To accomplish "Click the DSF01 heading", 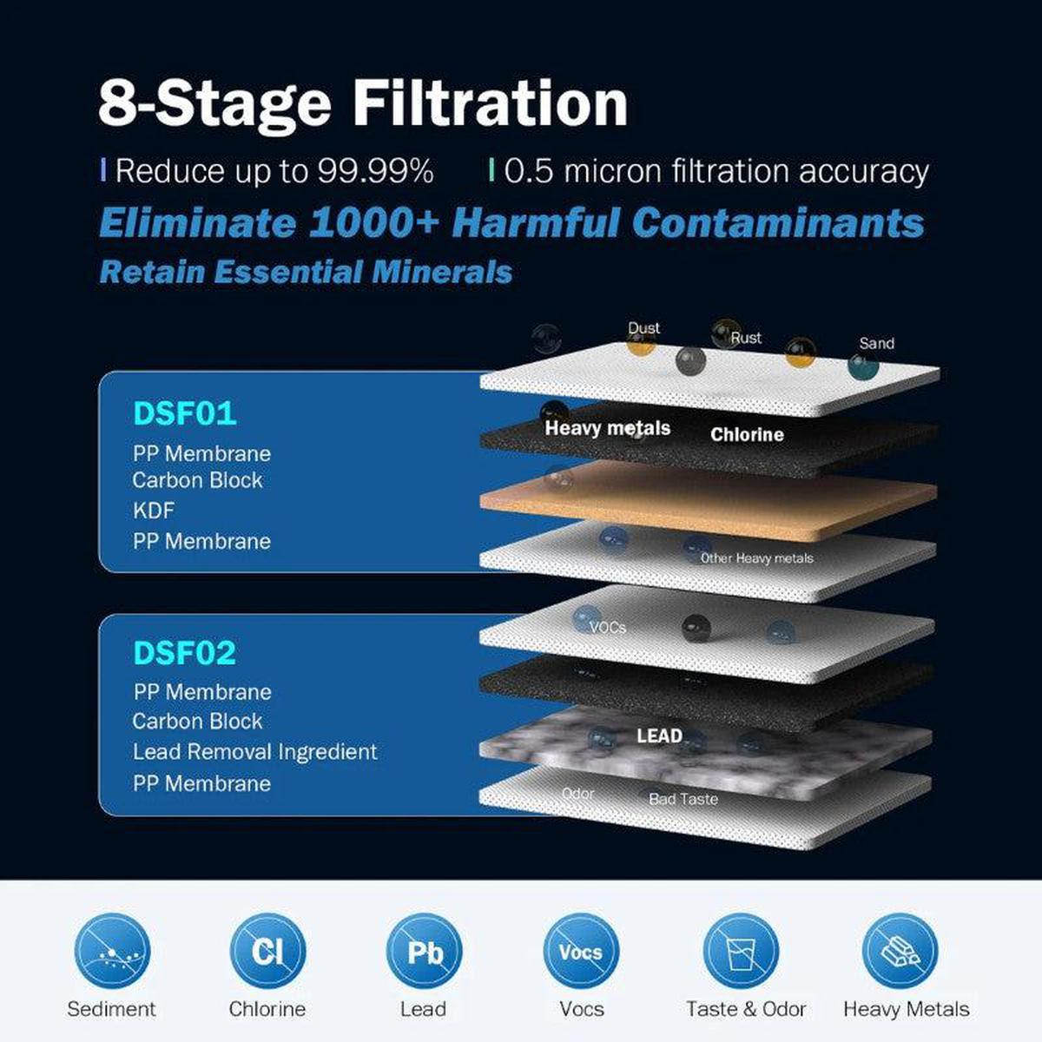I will click(x=185, y=414).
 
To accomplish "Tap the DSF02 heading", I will click(x=185, y=653).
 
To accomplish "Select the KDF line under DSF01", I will click(x=154, y=511).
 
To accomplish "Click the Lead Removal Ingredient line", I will click(x=255, y=752).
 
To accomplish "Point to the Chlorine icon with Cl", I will click(x=267, y=952).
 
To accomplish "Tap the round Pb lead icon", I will click(x=424, y=952).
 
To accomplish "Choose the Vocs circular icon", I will click(x=581, y=952).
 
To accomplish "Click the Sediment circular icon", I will click(x=111, y=952).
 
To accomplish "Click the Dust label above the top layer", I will click(x=644, y=328).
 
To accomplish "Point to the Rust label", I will click(x=746, y=338).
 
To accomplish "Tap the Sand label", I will click(x=876, y=344).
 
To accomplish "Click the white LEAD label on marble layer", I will click(x=660, y=736).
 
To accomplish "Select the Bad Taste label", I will click(x=683, y=799).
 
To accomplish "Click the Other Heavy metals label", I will click(x=757, y=558).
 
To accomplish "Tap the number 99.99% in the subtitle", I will click(x=376, y=171).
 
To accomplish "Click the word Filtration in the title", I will click(x=491, y=103).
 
